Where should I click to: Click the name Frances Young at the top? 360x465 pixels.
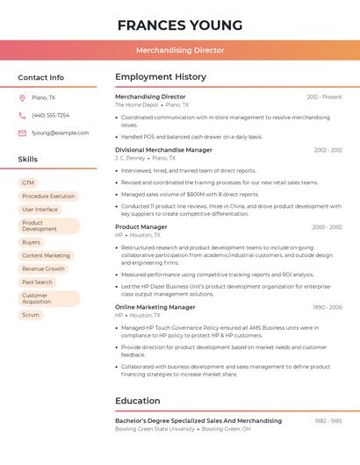(179, 25)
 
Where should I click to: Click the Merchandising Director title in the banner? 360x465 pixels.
(179, 50)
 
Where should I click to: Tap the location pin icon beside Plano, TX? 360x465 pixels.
(22, 97)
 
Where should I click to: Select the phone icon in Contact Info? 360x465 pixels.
(22, 115)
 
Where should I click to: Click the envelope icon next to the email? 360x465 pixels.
(22, 133)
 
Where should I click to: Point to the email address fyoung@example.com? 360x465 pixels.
(60, 133)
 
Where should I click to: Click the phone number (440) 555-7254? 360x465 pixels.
(50, 115)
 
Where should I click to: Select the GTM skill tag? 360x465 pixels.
(28, 182)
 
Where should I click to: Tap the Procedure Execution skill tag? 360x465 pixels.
(48, 196)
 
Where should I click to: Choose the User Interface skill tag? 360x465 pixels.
(40, 210)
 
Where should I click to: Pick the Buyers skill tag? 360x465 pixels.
(31, 242)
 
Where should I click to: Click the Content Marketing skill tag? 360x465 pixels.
(46, 255)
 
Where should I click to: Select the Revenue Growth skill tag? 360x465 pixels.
(43, 268)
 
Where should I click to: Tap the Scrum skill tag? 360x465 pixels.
(31, 314)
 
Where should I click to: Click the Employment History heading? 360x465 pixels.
(161, 77)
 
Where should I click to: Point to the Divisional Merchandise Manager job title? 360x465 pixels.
(163, 150)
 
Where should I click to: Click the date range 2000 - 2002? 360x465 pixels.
(327, 227)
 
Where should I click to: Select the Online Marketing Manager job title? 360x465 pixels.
(155, 307)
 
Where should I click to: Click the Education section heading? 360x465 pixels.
(139, 401)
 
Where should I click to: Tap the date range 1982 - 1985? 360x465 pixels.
(328, 421)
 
